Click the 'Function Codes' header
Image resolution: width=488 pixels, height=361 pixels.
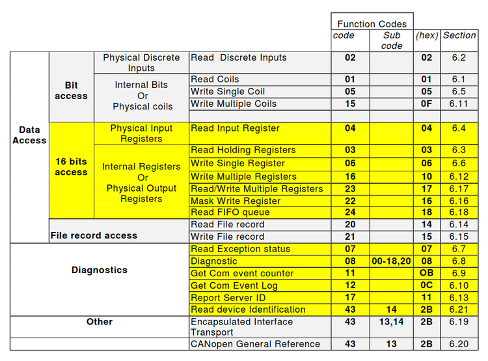tap(372, 24)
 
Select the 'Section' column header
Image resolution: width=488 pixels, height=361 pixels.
tap(459, 35)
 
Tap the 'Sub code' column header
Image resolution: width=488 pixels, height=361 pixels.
tap(392, 40)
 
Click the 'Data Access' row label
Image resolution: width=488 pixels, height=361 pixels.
tap(29, 135)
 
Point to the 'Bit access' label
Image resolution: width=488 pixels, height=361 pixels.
tap(71, 91)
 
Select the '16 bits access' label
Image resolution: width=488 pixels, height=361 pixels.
tap(71, 167)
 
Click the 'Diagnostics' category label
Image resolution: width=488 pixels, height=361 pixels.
tap(100, 270)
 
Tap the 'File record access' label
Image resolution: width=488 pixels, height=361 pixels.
tap(94, 235)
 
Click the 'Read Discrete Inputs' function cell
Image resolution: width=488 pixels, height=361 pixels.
tap(239, 58)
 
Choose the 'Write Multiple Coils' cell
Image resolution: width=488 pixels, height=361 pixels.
tap(234, 104)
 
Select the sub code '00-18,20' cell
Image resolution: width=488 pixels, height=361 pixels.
tap(392, 261)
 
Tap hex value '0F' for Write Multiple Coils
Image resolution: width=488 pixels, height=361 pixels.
tap(426, 104)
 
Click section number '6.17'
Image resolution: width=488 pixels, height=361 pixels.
tap(459, 189)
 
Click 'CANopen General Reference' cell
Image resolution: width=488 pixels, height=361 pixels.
tap(255, 344)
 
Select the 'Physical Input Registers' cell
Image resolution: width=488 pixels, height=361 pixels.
tap(141, 133)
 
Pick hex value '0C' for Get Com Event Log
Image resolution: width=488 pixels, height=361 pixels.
tap(426, 285)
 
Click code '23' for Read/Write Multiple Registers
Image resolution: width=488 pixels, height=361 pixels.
tap(350, 189)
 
